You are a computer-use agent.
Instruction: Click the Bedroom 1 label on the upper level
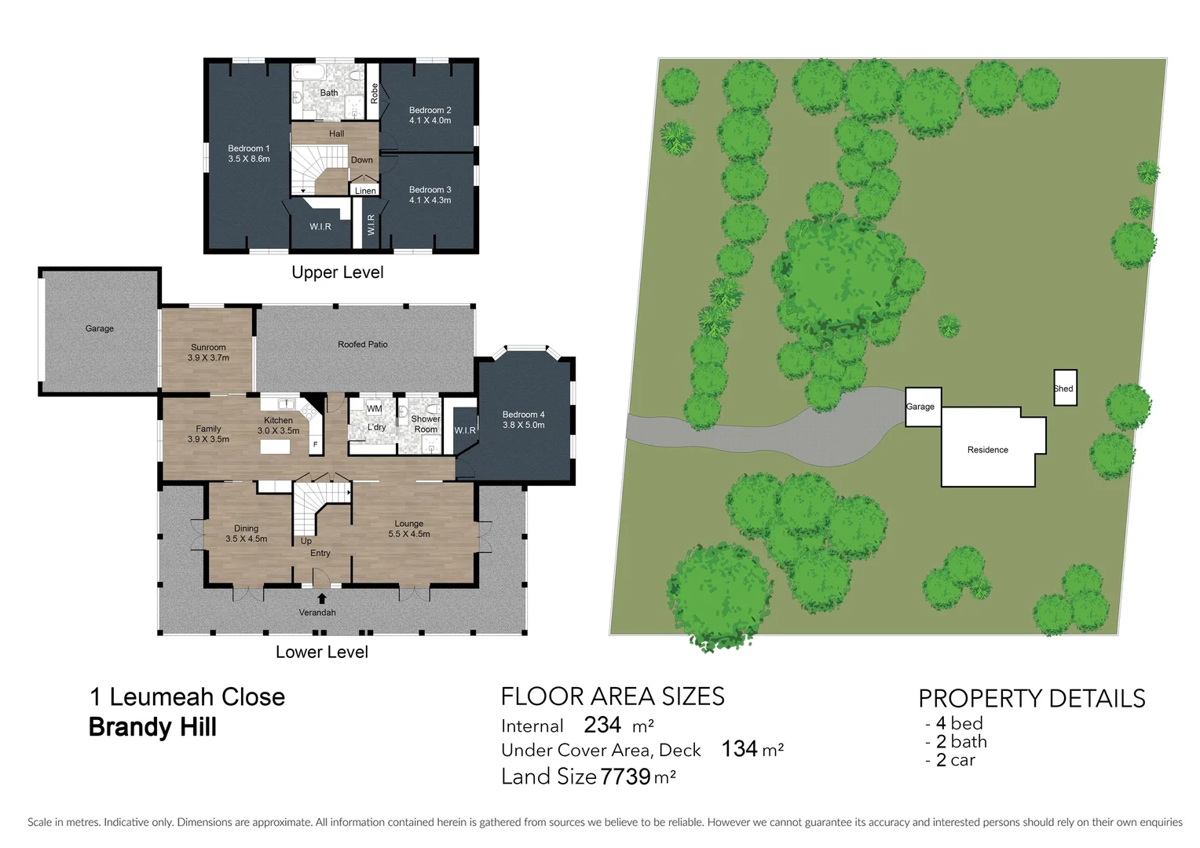248,148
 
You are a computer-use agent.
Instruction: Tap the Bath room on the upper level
329,93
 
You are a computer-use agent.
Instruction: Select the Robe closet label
375,93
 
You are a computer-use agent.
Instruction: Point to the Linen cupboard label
365,191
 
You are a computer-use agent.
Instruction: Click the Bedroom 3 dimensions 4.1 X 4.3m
430,200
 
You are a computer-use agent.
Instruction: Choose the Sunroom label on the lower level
208,347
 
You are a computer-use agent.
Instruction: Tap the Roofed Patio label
362,344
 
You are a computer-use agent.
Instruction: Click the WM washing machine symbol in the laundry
375,409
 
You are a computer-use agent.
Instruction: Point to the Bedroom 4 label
523,415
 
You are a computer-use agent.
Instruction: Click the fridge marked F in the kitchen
316,444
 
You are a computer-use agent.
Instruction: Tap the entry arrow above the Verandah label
321,598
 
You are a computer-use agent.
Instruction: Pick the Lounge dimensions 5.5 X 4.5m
408,534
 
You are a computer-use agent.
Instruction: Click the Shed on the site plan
1065,388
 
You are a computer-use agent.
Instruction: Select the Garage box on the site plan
923,407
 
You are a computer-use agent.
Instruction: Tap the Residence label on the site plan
987,450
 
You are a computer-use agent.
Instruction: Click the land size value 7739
625,777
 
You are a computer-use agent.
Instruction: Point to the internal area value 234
602,724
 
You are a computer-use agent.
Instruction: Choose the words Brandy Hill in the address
152,727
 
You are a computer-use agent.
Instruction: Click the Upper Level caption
337,272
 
